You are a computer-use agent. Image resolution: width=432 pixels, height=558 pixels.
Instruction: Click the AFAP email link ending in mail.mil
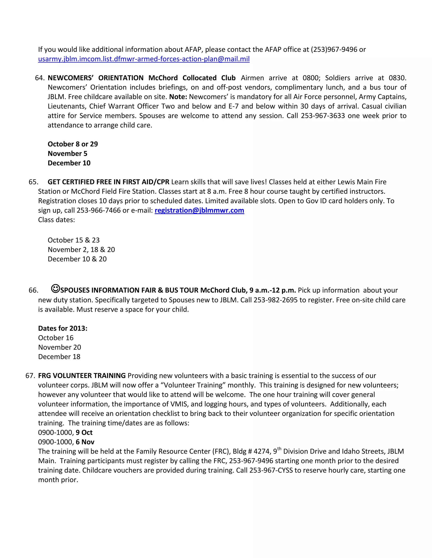tap(144, 59)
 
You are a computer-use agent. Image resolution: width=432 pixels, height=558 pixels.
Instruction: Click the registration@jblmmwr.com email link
tap(199, 210)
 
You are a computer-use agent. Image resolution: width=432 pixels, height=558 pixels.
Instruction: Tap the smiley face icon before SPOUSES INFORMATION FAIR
tap(55, 289)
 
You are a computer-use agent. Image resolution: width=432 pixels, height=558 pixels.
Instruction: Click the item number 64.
tap(40, 78)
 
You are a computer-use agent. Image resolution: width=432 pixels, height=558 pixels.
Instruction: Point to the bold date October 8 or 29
tap(73, 144)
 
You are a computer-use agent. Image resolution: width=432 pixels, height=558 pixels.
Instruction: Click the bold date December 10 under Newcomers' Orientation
tap(69, 163)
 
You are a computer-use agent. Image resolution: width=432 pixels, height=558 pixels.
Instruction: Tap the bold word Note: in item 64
tap(178, 97)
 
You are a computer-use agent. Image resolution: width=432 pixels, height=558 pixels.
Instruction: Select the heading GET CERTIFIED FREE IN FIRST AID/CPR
tap(108, 182)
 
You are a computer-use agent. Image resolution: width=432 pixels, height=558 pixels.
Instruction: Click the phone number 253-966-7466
tap(99, 210)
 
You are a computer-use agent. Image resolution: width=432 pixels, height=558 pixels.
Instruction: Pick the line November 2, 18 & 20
tap(81, 250)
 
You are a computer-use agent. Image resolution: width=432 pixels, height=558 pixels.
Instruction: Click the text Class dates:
tap(57, 220)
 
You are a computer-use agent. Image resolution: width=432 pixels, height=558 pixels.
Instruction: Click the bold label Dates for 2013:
tap(63, 328)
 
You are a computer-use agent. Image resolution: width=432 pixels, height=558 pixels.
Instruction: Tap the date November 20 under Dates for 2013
tap(59, 347)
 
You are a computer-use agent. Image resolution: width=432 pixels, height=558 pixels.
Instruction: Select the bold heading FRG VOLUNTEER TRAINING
tap(82, 376)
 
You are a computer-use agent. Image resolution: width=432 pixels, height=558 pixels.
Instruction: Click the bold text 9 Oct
tap(84, 432)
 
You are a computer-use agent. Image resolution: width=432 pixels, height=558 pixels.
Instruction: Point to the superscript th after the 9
tap(279, 449)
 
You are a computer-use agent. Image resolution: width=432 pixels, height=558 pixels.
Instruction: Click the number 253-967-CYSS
tap(271, 470)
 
